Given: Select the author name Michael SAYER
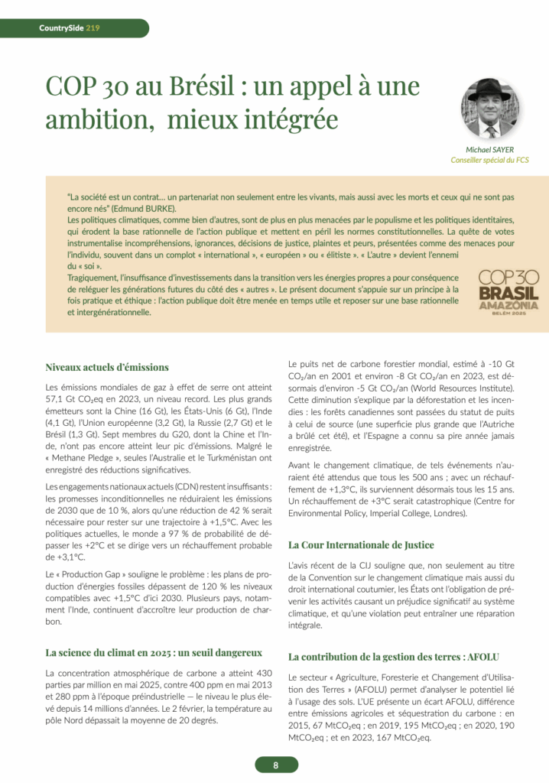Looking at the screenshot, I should pyautogui.click(x=498, y=149).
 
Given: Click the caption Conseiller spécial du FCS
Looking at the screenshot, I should pyautogui.click(x=490, y=161).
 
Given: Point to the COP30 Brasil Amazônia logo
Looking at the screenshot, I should pyautogui.click(x=508, y=289).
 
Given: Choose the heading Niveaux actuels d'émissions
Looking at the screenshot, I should pyautogui.click(x=107, y=367).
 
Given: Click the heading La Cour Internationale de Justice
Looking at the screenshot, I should pyautogui.click(x=361, y=544).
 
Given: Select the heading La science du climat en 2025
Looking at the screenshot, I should pyautogui.click(x=154, y=652).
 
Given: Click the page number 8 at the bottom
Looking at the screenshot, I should pyautogui.click(x=274, y=765).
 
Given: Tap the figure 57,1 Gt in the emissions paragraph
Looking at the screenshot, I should pyautogui.click(x=63, y=398).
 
